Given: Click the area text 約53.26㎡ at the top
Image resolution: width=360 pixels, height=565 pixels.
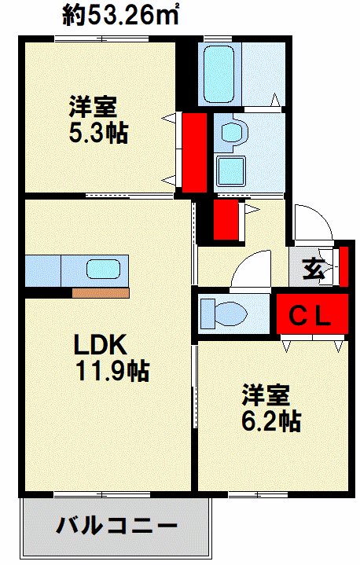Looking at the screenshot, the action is click(x=121, y=15).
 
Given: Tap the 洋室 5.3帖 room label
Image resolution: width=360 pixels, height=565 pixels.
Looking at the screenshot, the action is click(x=98, y=119).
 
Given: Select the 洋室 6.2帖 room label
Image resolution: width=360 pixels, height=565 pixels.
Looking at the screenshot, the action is click(x=271, y=408).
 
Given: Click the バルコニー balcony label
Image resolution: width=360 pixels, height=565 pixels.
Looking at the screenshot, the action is click(x=116, y=526).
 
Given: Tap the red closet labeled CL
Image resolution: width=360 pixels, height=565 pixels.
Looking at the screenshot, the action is click(x=312, y=314).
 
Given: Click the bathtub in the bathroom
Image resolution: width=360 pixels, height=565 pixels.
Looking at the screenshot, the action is click(x=219, y=74).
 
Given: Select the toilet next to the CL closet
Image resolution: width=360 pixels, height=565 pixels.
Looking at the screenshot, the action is click(x=224, y=313).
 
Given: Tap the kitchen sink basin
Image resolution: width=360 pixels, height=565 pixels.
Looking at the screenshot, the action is click(x=103, y=270).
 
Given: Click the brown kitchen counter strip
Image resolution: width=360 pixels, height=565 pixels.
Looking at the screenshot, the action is click(x=101, y=293).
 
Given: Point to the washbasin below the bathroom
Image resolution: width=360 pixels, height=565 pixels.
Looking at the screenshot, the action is click(x=233, y=133).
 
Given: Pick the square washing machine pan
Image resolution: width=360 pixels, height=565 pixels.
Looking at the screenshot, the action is click(x=230, y=172).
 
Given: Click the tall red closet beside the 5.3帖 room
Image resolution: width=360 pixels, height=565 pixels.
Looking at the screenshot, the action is click(x=194, y=152).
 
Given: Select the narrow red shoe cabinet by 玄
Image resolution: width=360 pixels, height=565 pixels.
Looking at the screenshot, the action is click(x=343, y=266).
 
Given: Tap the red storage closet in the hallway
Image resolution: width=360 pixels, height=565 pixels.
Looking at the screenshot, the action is click(x=226, y=220).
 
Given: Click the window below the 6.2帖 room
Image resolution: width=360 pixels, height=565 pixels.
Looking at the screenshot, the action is click(x=258, y=494).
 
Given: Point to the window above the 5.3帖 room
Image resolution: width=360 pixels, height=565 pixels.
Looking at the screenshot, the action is click(x=101, y=39).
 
